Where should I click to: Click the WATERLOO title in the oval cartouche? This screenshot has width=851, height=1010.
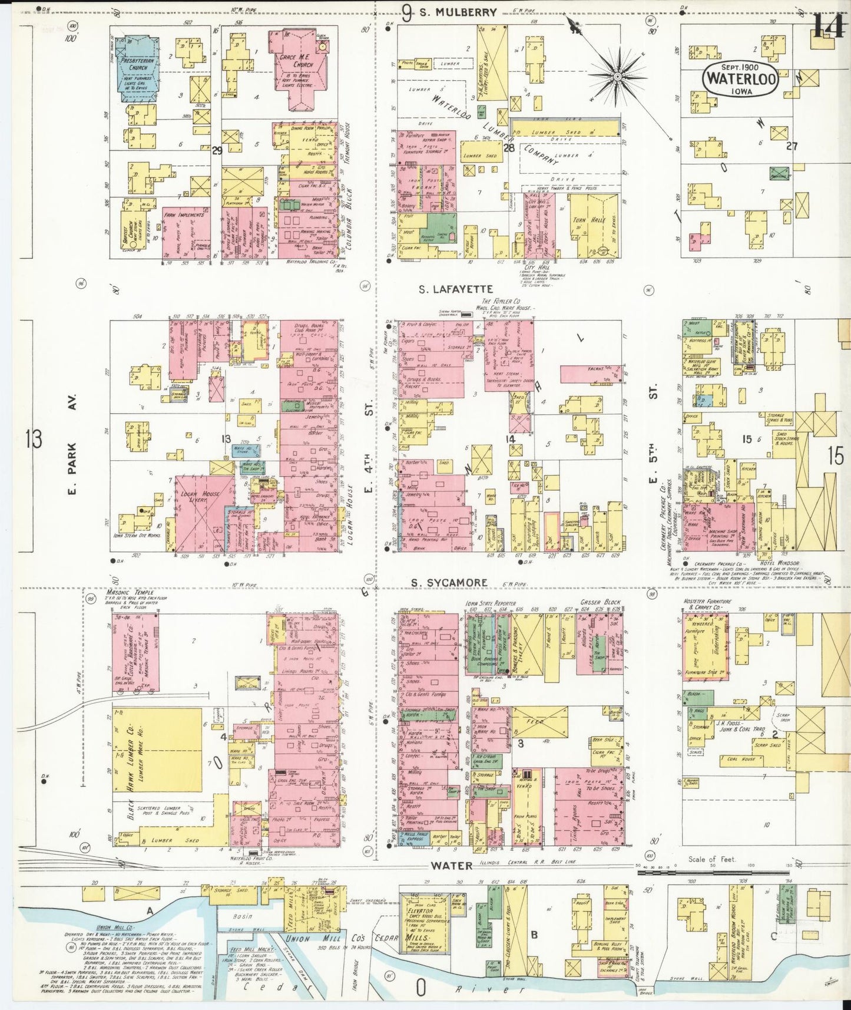741,78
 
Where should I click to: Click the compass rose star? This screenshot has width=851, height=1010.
617,77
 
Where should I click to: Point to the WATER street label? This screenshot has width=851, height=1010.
451,866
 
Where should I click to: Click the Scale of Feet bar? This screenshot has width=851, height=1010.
715,870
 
